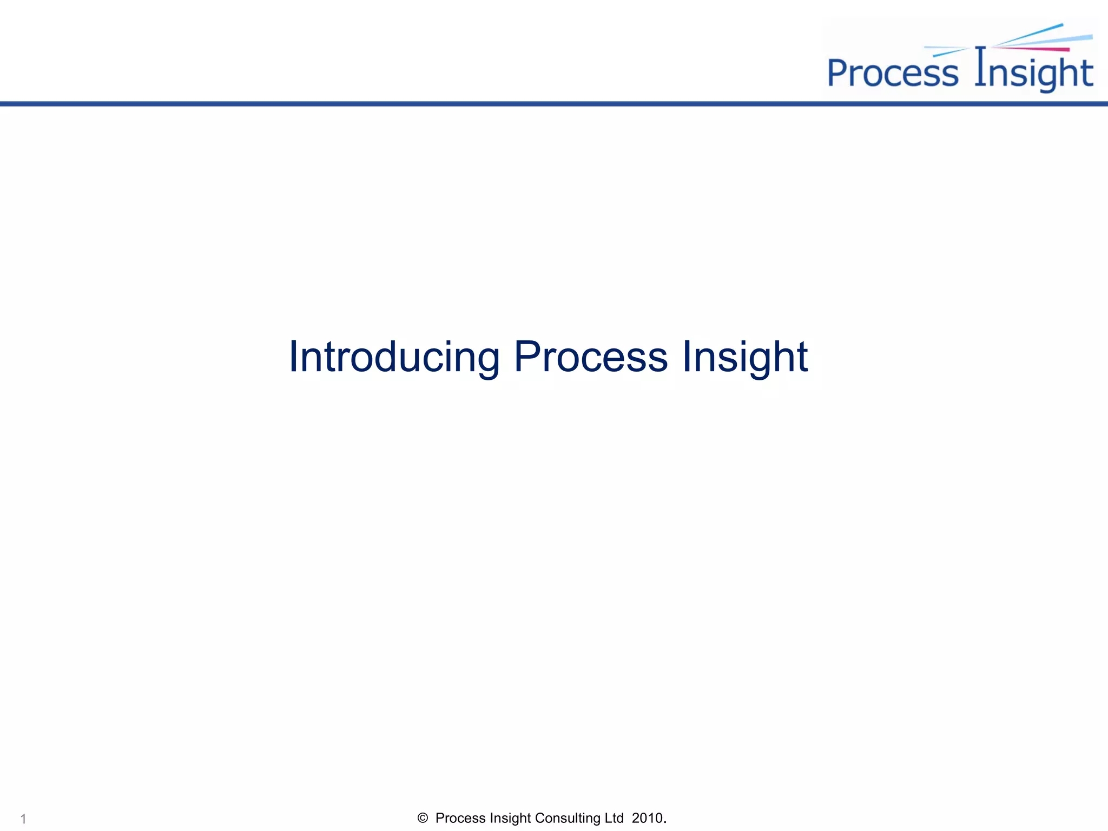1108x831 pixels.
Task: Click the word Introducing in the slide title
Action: (x=394, y=357)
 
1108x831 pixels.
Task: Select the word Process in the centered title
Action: (x=591, y=357)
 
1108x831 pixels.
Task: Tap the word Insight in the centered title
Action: (x=744, y=357)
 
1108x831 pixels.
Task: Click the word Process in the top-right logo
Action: (x=893, y=73)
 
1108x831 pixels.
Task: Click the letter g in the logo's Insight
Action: (x=1037, y=76)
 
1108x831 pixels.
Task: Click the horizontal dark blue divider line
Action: (x=554, y=103)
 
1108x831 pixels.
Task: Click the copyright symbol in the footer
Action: (x=423, y=818)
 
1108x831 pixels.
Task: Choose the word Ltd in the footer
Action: (x=614, y=818)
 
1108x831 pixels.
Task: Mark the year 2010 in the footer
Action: (x=647, y=818)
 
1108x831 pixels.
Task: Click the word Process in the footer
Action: (x=460, y=818)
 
